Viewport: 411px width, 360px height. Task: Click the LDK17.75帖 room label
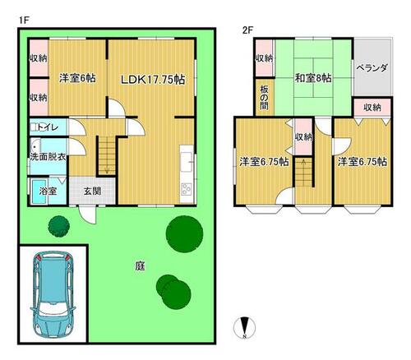[x=153, y=80]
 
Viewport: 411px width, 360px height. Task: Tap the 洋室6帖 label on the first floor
[x=77, y=78]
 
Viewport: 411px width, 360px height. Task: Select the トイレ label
[x=48, y=127]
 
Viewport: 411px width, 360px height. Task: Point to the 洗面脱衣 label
[x=48, y=157]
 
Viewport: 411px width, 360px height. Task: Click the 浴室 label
[x=48, y=191]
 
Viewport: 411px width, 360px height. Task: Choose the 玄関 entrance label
[x=92, y=191]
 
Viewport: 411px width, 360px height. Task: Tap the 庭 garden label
[x=140, y=265]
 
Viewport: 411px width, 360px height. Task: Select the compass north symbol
[x=244, y=327]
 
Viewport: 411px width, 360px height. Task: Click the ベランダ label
[x=372, y=67]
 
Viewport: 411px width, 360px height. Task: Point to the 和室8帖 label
[x=313, y=78]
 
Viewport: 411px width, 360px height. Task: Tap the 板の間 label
[x=264, y=98]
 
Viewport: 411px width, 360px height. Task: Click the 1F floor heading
[x=24, y=20]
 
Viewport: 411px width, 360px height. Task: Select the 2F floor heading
[x=247, y=30]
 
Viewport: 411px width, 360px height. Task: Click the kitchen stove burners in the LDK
[x=187, y=189]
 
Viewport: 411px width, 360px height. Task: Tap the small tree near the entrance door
[x=58, y=226]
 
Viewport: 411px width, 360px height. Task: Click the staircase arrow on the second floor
[x=303, y=172]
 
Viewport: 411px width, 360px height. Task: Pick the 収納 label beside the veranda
[x=372, y=108]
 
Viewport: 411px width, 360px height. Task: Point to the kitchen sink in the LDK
[x=187, y=162]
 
